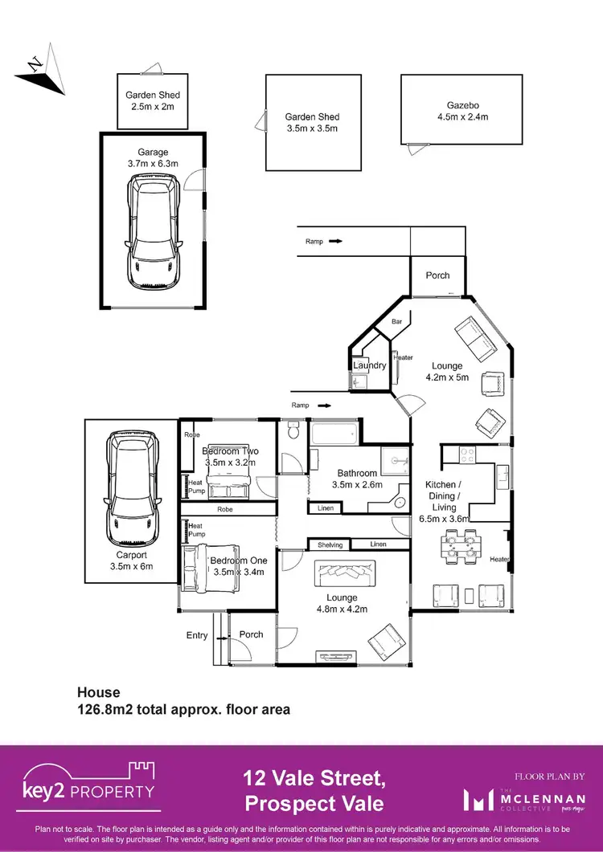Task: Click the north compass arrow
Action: (36, 67)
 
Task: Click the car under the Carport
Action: (131, 486)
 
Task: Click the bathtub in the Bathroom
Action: (334, 434)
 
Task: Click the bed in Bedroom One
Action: (211, 569)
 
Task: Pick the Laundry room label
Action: (370, 365)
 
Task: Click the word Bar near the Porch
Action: (396, 321)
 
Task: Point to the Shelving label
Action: (330, 545)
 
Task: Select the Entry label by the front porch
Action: (197, 635)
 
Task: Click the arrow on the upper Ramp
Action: (335, 240)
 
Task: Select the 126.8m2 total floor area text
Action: (183, 710)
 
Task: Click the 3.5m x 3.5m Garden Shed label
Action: (312, 123)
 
